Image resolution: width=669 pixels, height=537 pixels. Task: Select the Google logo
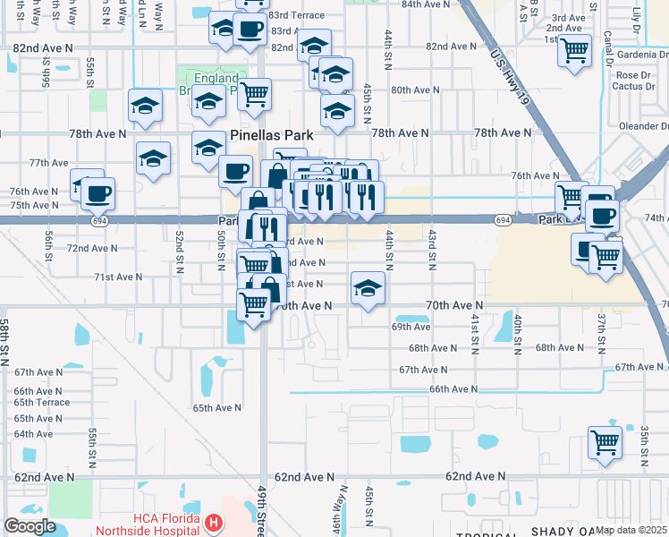[x=30, y=525]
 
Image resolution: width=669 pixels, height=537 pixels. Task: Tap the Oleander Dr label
[x=637, y=126]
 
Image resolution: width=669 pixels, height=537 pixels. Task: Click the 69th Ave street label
[x=411, y=328]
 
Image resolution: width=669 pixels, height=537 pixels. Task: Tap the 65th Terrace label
[x=41, y=403]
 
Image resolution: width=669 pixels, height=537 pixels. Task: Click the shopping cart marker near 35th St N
[x=605, y=440]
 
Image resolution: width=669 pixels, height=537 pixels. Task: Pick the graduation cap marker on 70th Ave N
[x=367, y=287]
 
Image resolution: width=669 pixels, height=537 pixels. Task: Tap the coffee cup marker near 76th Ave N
[x=97, y=192]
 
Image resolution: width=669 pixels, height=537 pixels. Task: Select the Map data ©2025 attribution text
[x=631, y=530]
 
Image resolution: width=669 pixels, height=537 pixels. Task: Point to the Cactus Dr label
[x=631, y=87]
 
